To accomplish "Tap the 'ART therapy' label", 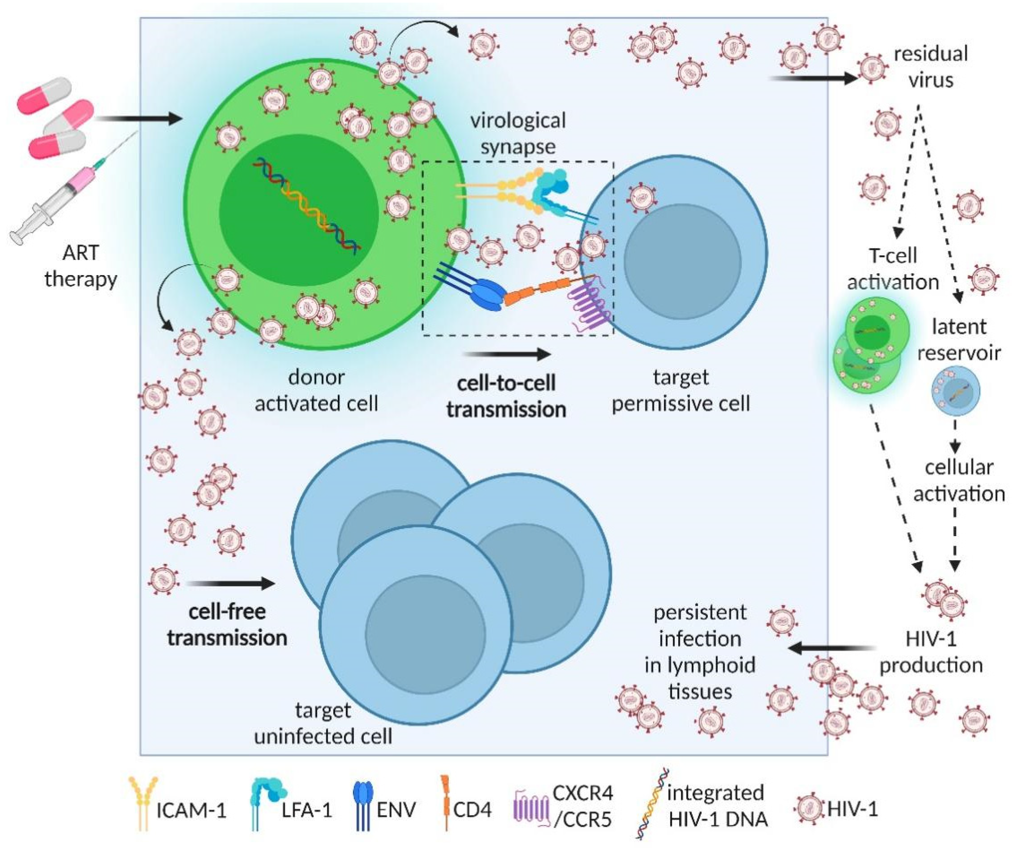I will pos(81,266).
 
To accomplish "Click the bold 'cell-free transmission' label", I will pos(227,625).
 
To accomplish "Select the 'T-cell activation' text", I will pos(893,269).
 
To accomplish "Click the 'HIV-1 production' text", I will pos(931,652).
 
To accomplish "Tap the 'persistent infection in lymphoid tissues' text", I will pos(699,652).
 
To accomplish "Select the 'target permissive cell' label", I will pos(680,390).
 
